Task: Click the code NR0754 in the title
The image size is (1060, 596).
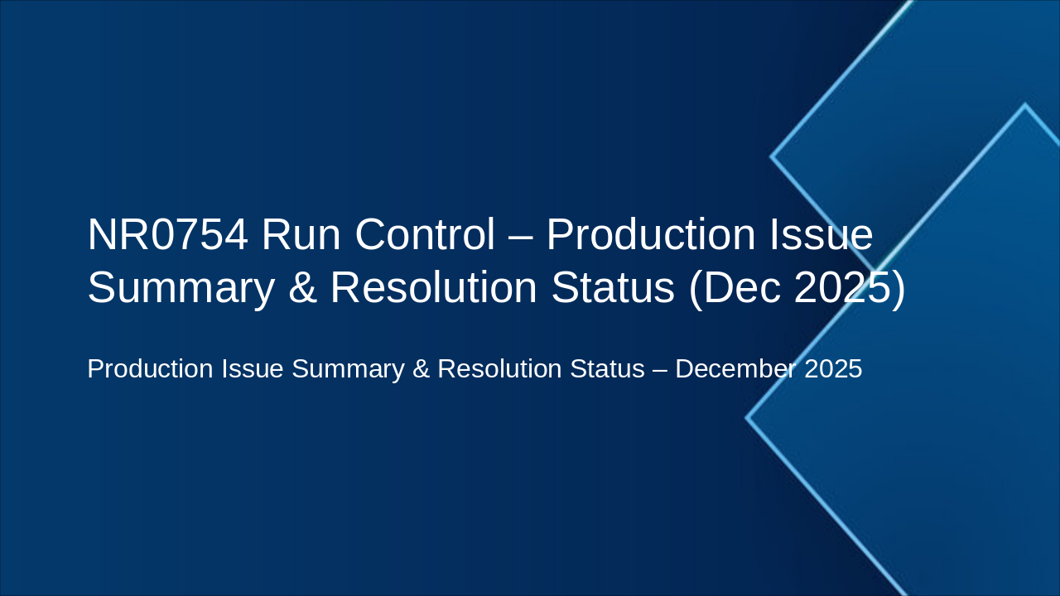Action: pyautogui.click(x=167, y=235)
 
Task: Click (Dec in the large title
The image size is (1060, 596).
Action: pyautogui.click(x=735, y=288)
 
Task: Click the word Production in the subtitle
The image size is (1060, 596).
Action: pyautogui.click(x=150, y=369)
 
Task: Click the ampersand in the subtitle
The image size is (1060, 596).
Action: pyautogui.click(x=421, y=369)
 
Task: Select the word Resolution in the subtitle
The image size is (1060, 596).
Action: pyautogui.click(x=499, y=369)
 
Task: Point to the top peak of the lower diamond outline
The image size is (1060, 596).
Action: pyautogui.click(x=1025, y=105)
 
